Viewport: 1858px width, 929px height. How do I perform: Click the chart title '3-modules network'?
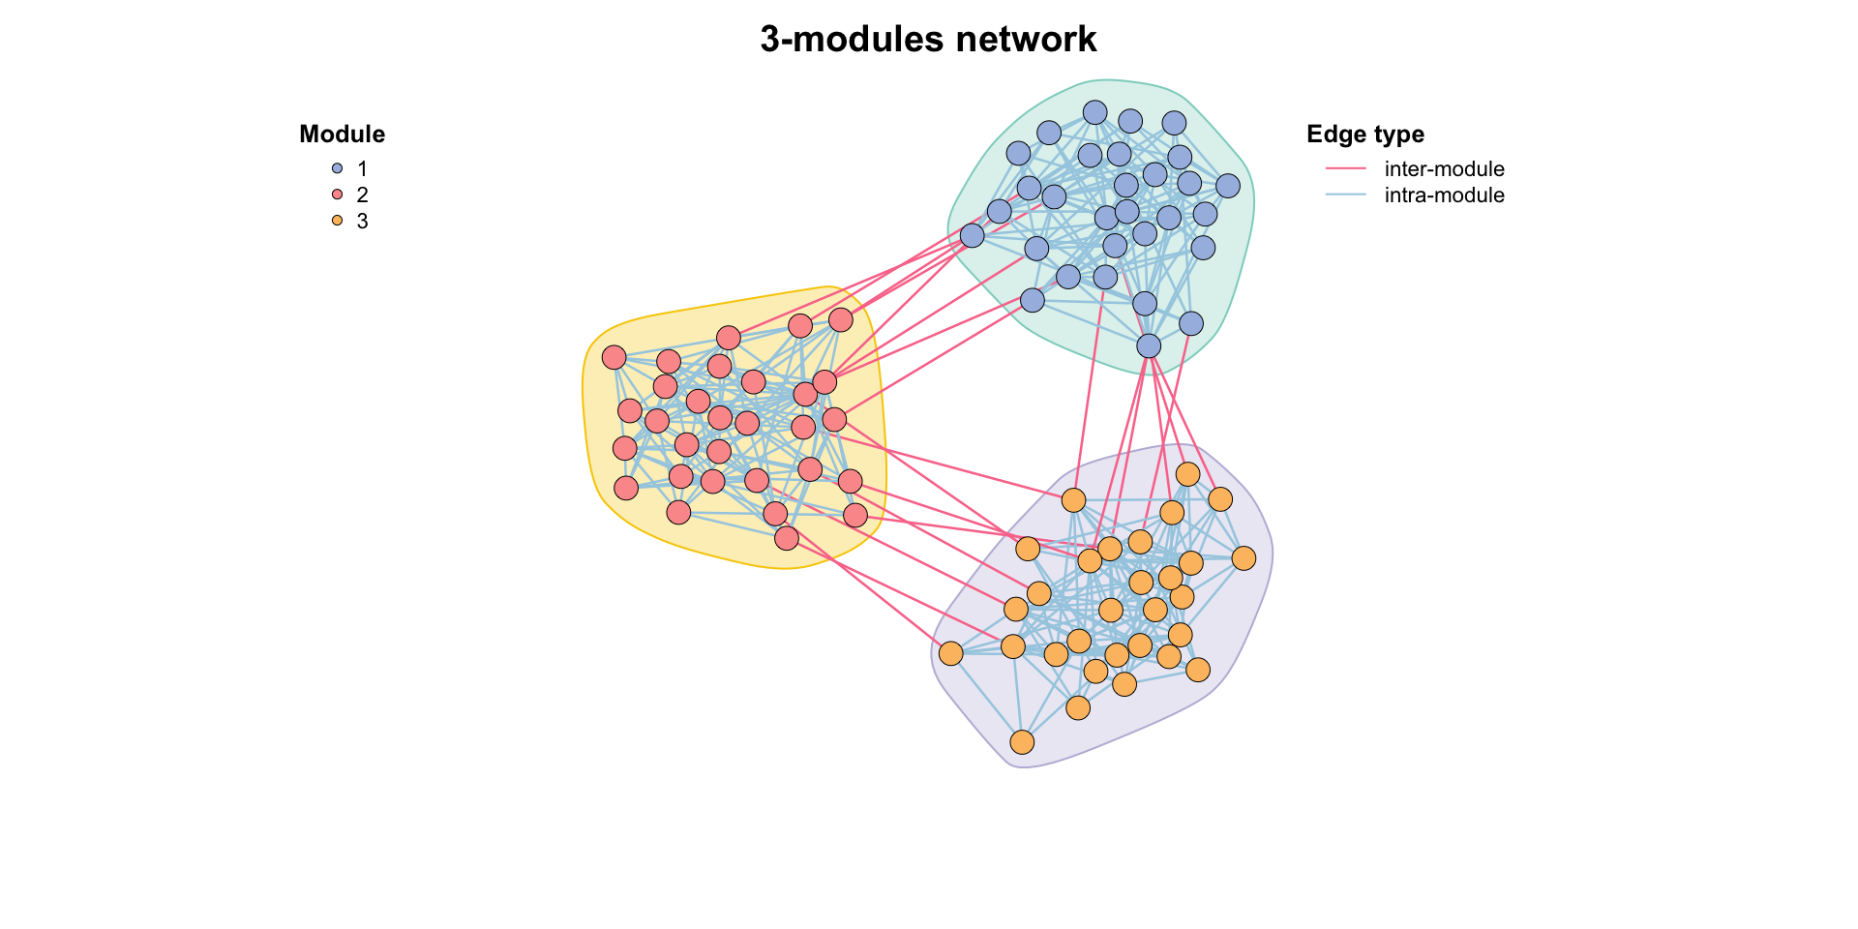tap(928, 40)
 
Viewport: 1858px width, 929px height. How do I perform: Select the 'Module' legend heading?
tap(342, 135)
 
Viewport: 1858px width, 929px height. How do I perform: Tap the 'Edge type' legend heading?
tap(1364, 135)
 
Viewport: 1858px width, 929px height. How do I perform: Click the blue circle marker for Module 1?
tap(337, 168)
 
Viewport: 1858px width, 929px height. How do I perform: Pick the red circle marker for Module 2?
tap(337, 195)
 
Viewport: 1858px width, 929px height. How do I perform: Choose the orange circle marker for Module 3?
tap(337, 221)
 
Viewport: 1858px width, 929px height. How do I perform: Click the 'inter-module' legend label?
tap(1444, 169)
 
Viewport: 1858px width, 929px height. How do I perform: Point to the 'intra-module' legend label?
tap(1444, 195)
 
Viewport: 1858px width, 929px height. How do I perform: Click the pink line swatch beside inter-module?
tap(1345, 168)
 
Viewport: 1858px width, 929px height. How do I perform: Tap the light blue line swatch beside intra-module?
tap(1345, 195)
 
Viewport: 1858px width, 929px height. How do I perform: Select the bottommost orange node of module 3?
tap(1022, 742)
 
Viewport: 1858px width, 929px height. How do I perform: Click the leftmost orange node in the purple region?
tap(951, 653)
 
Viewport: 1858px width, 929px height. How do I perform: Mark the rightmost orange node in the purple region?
tap(1244, 558)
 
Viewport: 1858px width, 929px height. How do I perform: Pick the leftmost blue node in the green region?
tap(972, 235)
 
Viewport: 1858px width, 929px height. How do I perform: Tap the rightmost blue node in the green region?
tap(1227, 186)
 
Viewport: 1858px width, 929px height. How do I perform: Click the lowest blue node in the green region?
tap(1149, 345)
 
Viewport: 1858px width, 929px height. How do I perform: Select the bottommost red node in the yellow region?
tap(787, 538)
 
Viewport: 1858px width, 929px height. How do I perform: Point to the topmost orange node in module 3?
tap(1187, 474)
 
